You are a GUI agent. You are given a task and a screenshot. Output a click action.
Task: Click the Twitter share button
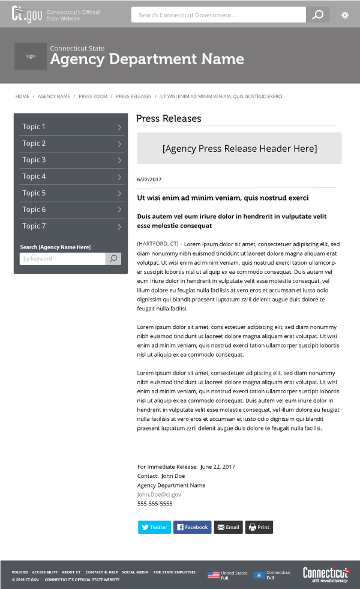[154, 527]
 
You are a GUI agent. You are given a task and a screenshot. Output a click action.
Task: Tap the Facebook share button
[192, 527]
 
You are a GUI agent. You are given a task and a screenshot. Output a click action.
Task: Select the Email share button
[228, 527]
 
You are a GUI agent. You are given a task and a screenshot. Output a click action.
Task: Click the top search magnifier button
[318, 15]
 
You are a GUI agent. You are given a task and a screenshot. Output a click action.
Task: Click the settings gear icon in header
[345, 15]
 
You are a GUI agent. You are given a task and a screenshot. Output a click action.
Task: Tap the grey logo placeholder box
[30, 56]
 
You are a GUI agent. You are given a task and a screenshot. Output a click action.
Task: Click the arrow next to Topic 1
[119, 127]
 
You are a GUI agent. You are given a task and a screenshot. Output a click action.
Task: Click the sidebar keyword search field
[62, 259]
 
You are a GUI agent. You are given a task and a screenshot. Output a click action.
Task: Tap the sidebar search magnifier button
[113, 259]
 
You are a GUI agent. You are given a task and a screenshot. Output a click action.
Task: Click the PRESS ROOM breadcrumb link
[93, 96]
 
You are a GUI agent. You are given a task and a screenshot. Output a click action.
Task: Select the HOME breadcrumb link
[22, 96]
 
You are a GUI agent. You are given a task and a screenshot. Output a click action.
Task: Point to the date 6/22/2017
[149, 180]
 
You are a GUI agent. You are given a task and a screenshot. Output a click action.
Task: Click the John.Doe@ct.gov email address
[159, 494]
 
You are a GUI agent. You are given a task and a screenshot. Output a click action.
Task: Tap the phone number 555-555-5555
[155, 504]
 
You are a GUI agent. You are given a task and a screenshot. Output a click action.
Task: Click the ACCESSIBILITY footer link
[45, 572]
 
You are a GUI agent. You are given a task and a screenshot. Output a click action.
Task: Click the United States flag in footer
[213, 575]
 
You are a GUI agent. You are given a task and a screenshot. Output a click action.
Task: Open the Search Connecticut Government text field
[218, 15]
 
